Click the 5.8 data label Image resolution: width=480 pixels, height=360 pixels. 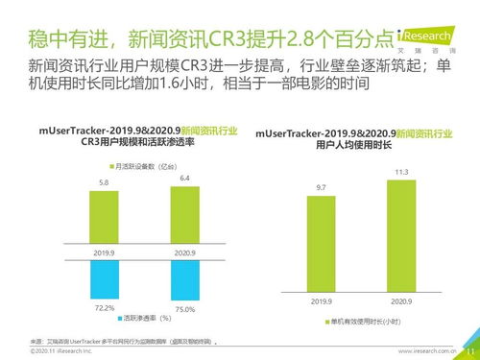[104, 182]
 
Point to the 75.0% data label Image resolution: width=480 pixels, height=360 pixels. [185, 309]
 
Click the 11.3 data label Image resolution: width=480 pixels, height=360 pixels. [401, 172]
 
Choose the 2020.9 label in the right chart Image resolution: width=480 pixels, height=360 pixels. [401, 300]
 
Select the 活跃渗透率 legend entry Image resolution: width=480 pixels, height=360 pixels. [144, 318]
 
